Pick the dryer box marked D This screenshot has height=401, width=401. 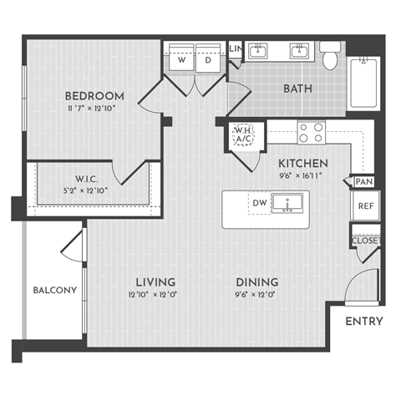click(x=208, y=60)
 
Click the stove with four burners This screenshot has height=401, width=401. click(x=312, y=131)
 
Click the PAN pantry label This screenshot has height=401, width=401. click(x=363, y=181)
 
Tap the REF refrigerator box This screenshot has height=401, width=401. click(x=365, y=206)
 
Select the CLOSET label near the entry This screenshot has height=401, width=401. click(x=365, y=241)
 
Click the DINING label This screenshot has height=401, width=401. click(x=256, y=282)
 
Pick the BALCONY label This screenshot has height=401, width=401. click(x=55, y=291)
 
